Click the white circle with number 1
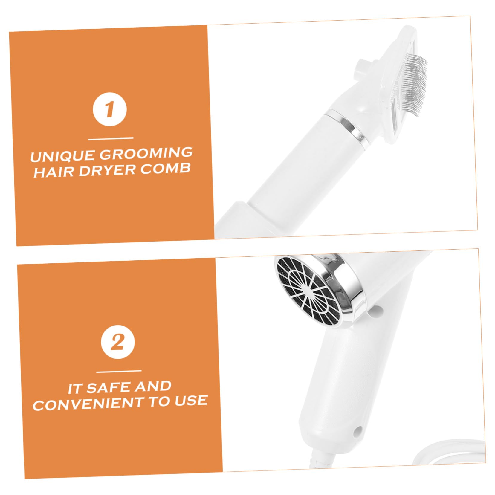coord(110,109)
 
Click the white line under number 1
coord(111,139)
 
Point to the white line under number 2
coord(119,371)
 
